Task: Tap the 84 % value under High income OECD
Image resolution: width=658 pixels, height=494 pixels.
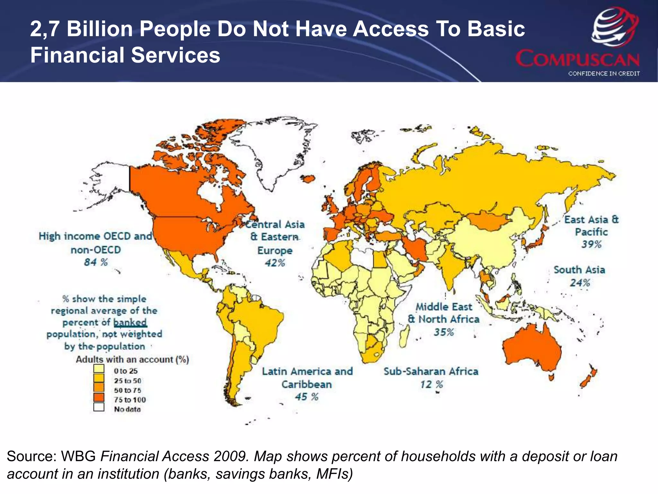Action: coord(96,262)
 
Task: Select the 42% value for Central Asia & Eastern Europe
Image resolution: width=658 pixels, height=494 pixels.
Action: coord(275,263)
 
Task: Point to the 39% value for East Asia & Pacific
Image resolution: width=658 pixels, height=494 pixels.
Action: coord(591,244)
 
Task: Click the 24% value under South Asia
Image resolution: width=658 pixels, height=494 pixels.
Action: coord(580,283)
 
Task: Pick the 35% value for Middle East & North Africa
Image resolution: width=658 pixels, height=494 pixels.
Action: coord(444,332)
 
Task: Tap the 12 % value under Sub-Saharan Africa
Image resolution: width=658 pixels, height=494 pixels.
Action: coord(431,384)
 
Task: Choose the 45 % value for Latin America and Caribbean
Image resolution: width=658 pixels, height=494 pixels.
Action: coord(307,397)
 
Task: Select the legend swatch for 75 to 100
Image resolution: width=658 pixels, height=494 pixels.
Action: coord(99,398)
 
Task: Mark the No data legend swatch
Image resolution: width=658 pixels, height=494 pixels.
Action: coord(99,407)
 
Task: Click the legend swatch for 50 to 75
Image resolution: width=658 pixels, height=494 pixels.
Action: coord(99,388)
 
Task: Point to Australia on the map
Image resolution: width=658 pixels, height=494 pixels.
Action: coord(532,351)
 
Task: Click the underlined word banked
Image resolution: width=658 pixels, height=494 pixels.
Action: coord(130,322)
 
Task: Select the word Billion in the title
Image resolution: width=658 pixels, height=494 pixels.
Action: coord(100,29)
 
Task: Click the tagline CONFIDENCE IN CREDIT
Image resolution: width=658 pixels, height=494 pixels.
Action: coord(604,74)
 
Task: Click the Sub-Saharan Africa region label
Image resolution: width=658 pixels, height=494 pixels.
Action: coord(431,371)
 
